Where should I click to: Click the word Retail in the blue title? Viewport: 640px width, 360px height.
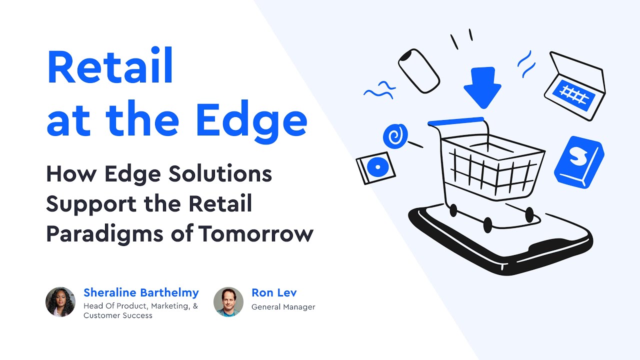coord(110,67)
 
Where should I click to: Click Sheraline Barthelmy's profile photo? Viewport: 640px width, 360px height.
coord(60,302)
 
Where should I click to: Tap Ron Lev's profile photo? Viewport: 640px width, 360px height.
coord(228,302)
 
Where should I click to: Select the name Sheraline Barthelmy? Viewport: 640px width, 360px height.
coord(141,292)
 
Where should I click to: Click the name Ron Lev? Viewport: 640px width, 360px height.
coord(274,292)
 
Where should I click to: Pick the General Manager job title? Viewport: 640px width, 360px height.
coord(283,307)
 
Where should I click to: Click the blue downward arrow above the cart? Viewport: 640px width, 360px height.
coord(482,87)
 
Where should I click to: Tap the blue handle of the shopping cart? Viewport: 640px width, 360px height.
coord(455,121)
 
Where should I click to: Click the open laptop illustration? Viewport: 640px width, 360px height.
coord(575,86)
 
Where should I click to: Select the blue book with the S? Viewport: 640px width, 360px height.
coord(579,161)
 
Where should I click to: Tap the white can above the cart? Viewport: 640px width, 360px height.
coord(418,70)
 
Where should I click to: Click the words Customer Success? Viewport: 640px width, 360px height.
coord(118,315)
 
